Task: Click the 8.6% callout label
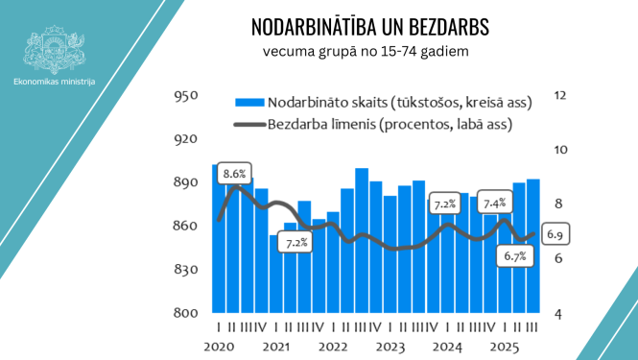pyautogui.click(x=234, y=174)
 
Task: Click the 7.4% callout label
pyautogui.click(x=495, y=204)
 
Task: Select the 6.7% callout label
pyautogui.click(x=516, y=257)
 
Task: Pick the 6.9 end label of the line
pyautogui.click(x=555, y=233)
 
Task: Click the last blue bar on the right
pyautogui.click(x=532, y=246)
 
